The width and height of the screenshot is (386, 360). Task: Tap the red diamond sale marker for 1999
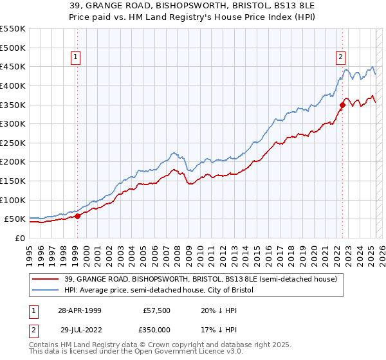[77, 216]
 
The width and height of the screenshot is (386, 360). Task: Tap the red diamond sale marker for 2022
[342, 105]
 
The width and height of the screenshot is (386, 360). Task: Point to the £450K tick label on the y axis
[13, 66]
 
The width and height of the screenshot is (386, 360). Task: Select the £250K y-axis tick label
[13, 143]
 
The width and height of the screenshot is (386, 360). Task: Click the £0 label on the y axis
[19, 239]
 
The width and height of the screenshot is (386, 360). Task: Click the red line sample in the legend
[45, 279]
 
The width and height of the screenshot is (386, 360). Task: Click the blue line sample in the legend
[45, 291]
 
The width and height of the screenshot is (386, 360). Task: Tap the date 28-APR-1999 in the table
[79, 310]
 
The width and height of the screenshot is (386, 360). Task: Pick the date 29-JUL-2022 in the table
[79, 330]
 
